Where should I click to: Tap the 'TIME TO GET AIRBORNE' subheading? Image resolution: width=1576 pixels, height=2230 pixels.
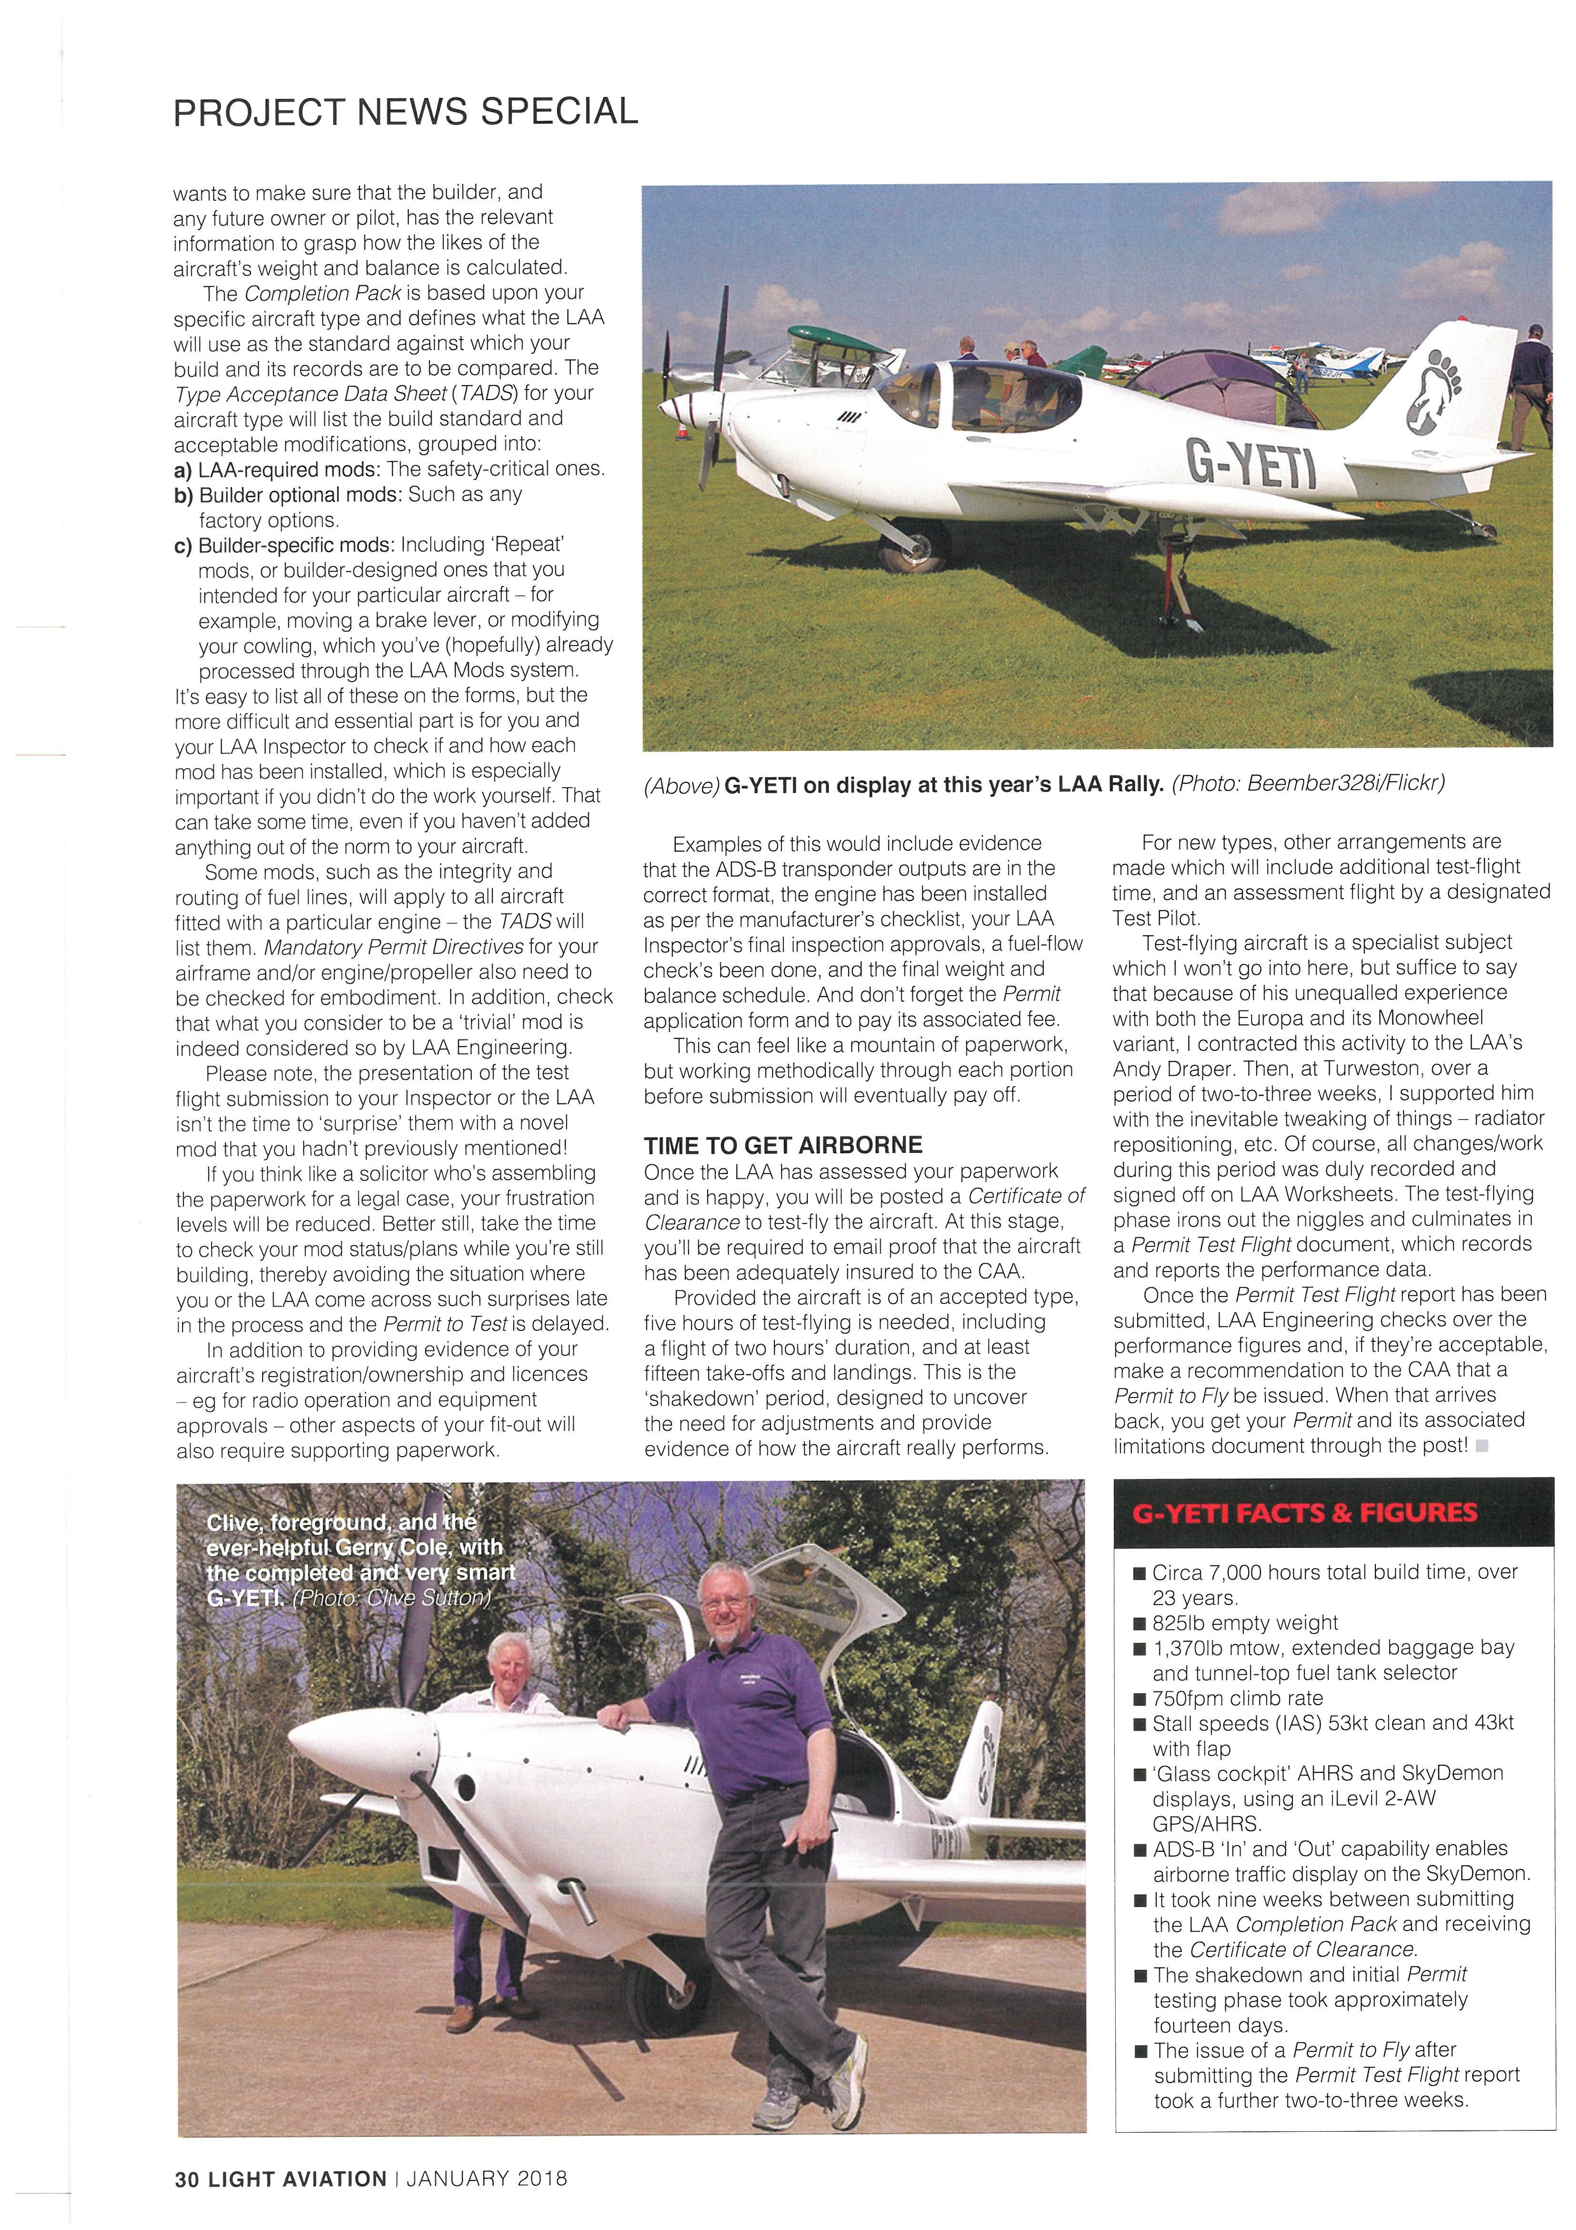tap(783, 1145)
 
